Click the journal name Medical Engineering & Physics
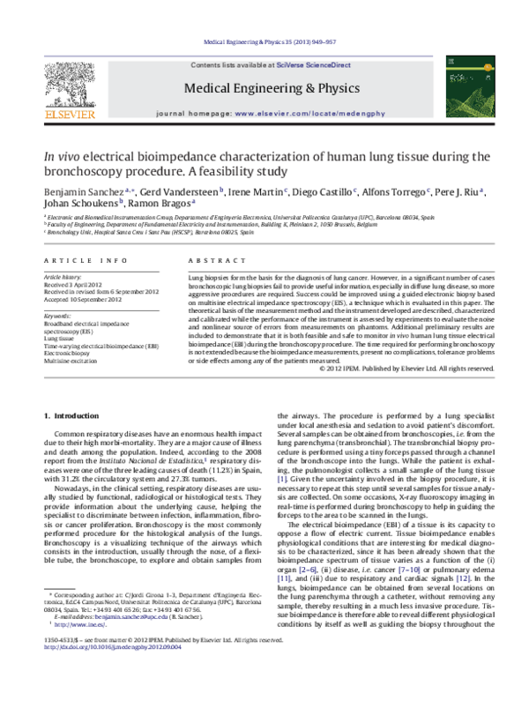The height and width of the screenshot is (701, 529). pos(264,87)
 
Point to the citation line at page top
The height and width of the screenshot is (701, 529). pos(264,41)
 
